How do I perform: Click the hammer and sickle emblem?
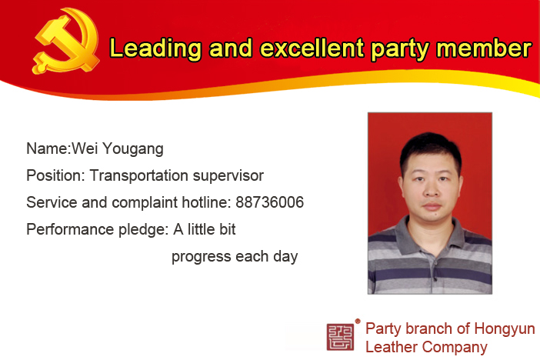[66, 41]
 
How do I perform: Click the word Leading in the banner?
[155, 48]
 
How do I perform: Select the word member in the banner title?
[484, 48]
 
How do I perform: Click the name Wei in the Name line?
[85, 148]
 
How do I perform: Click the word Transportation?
[138, 175]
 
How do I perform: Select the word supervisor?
[228, 176]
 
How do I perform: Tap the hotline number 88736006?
[270, 202]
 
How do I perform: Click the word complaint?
[145, 203]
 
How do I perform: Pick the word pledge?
[143, 230]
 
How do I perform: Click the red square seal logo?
[340, 337]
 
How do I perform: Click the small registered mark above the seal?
[358, 321]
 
